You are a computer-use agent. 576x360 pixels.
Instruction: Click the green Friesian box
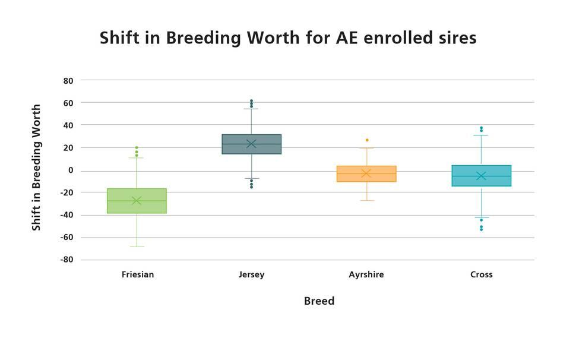point(137,201)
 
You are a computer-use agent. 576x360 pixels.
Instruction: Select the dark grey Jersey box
point(252,144)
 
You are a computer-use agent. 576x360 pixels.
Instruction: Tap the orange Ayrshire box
point(366,173)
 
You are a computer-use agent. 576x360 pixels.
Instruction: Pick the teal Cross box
point(481,176)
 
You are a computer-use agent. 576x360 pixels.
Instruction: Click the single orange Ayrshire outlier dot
point(367,140)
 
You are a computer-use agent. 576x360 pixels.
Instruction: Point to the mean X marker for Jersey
point(252,144)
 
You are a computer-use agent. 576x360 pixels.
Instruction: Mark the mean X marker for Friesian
point(137,201)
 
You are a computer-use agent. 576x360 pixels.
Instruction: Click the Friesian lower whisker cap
point(137,247)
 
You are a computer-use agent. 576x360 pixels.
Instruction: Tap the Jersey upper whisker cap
point(252,109)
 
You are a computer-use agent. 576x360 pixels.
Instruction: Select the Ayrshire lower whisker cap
point(366,201)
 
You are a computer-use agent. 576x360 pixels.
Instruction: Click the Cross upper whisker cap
point(481,135)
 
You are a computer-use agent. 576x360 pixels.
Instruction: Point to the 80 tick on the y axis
point(68,81)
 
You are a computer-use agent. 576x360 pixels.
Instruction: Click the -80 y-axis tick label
point(67,260)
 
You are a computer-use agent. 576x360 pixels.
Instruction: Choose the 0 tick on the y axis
point(71,170)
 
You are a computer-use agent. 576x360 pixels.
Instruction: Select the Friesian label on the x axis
point(138,274)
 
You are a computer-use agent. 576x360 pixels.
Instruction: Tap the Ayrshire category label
point(366,275)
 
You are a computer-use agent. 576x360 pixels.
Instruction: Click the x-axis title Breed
point(319,301)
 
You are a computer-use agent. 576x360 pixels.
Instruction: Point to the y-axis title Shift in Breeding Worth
point(36,168)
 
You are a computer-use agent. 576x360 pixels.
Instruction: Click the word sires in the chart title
point(457,38)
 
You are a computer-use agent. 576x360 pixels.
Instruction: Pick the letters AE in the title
point(347,38)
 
